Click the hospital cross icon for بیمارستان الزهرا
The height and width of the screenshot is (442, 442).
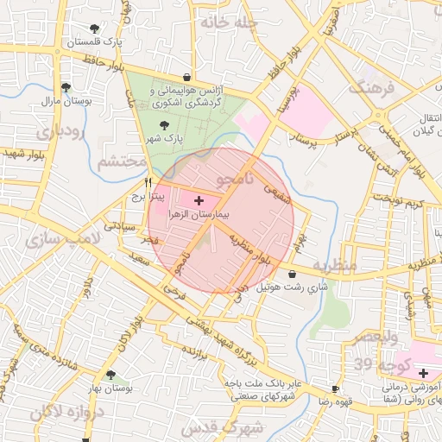point(200,199)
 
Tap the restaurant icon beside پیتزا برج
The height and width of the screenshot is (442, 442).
point(148,183)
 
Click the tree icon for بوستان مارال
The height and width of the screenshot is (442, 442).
point(66,87)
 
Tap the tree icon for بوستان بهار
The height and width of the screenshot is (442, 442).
point(110,375)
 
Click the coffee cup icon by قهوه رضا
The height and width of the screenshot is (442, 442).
point(335,389)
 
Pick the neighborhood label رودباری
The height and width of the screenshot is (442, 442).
point(60,131)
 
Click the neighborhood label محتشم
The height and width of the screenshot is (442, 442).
point(122,161)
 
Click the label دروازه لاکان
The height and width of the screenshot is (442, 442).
point(75,414)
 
